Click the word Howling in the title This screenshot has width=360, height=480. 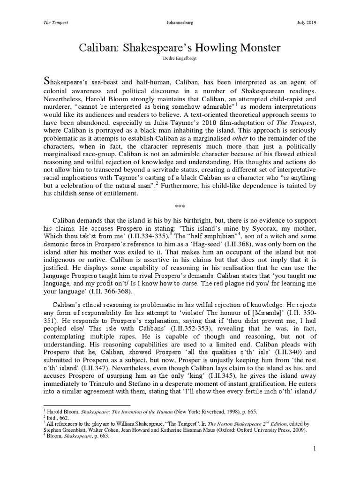[217, 48]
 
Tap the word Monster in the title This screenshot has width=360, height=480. [263, 48]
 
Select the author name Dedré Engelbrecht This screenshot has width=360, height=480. [180, 60]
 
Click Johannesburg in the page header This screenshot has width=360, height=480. [180, 22]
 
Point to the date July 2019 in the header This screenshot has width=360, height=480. [307, 22]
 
